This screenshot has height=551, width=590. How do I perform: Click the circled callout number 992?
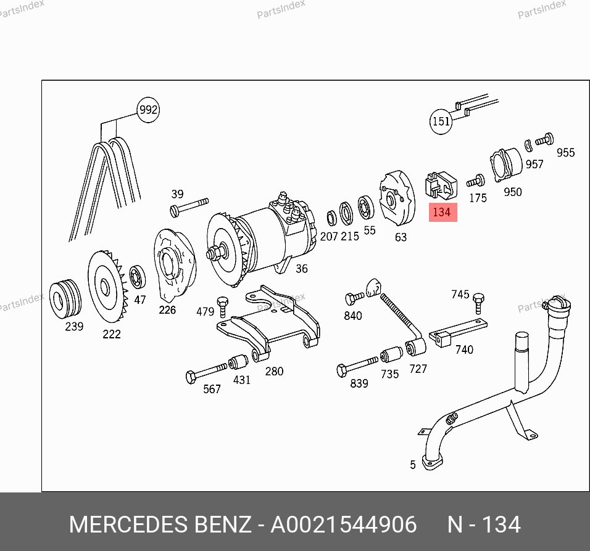tap(148, 110)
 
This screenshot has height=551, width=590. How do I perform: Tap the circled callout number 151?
tap(441, 121)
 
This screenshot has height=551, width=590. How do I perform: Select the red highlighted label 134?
tap(443, 213)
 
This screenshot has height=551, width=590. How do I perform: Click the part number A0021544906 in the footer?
tap(344, 524)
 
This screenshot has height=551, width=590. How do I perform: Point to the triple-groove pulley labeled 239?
tap(65, 299)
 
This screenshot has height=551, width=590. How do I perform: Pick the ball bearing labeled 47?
tap(137, 277)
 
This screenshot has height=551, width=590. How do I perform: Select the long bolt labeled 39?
tap(189, 207)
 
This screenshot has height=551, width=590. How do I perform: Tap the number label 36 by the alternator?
tap(301, 269)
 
